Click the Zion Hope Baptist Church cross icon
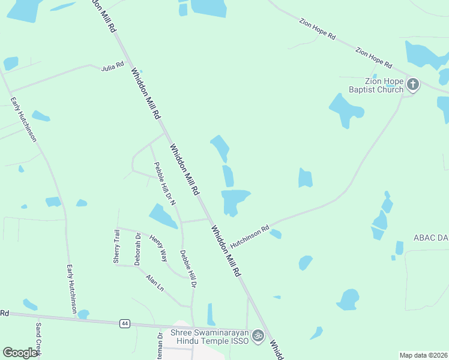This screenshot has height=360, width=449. [412, 85]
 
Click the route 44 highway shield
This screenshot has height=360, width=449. [125, 323]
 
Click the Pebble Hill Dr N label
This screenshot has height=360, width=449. [164, 184]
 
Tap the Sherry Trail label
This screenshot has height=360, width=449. [116, 246]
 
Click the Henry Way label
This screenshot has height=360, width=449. [158, 248]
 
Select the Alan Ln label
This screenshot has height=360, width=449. [155, 283]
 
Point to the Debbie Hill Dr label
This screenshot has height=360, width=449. [188, 268]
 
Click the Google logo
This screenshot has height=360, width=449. [20, 353]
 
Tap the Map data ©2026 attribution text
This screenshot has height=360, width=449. [423, 355]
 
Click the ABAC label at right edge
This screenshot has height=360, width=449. [430, 238]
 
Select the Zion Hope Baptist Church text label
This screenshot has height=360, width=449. [376, 85]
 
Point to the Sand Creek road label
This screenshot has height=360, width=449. [38, 340]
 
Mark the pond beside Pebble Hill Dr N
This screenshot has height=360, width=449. [163, 216]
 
